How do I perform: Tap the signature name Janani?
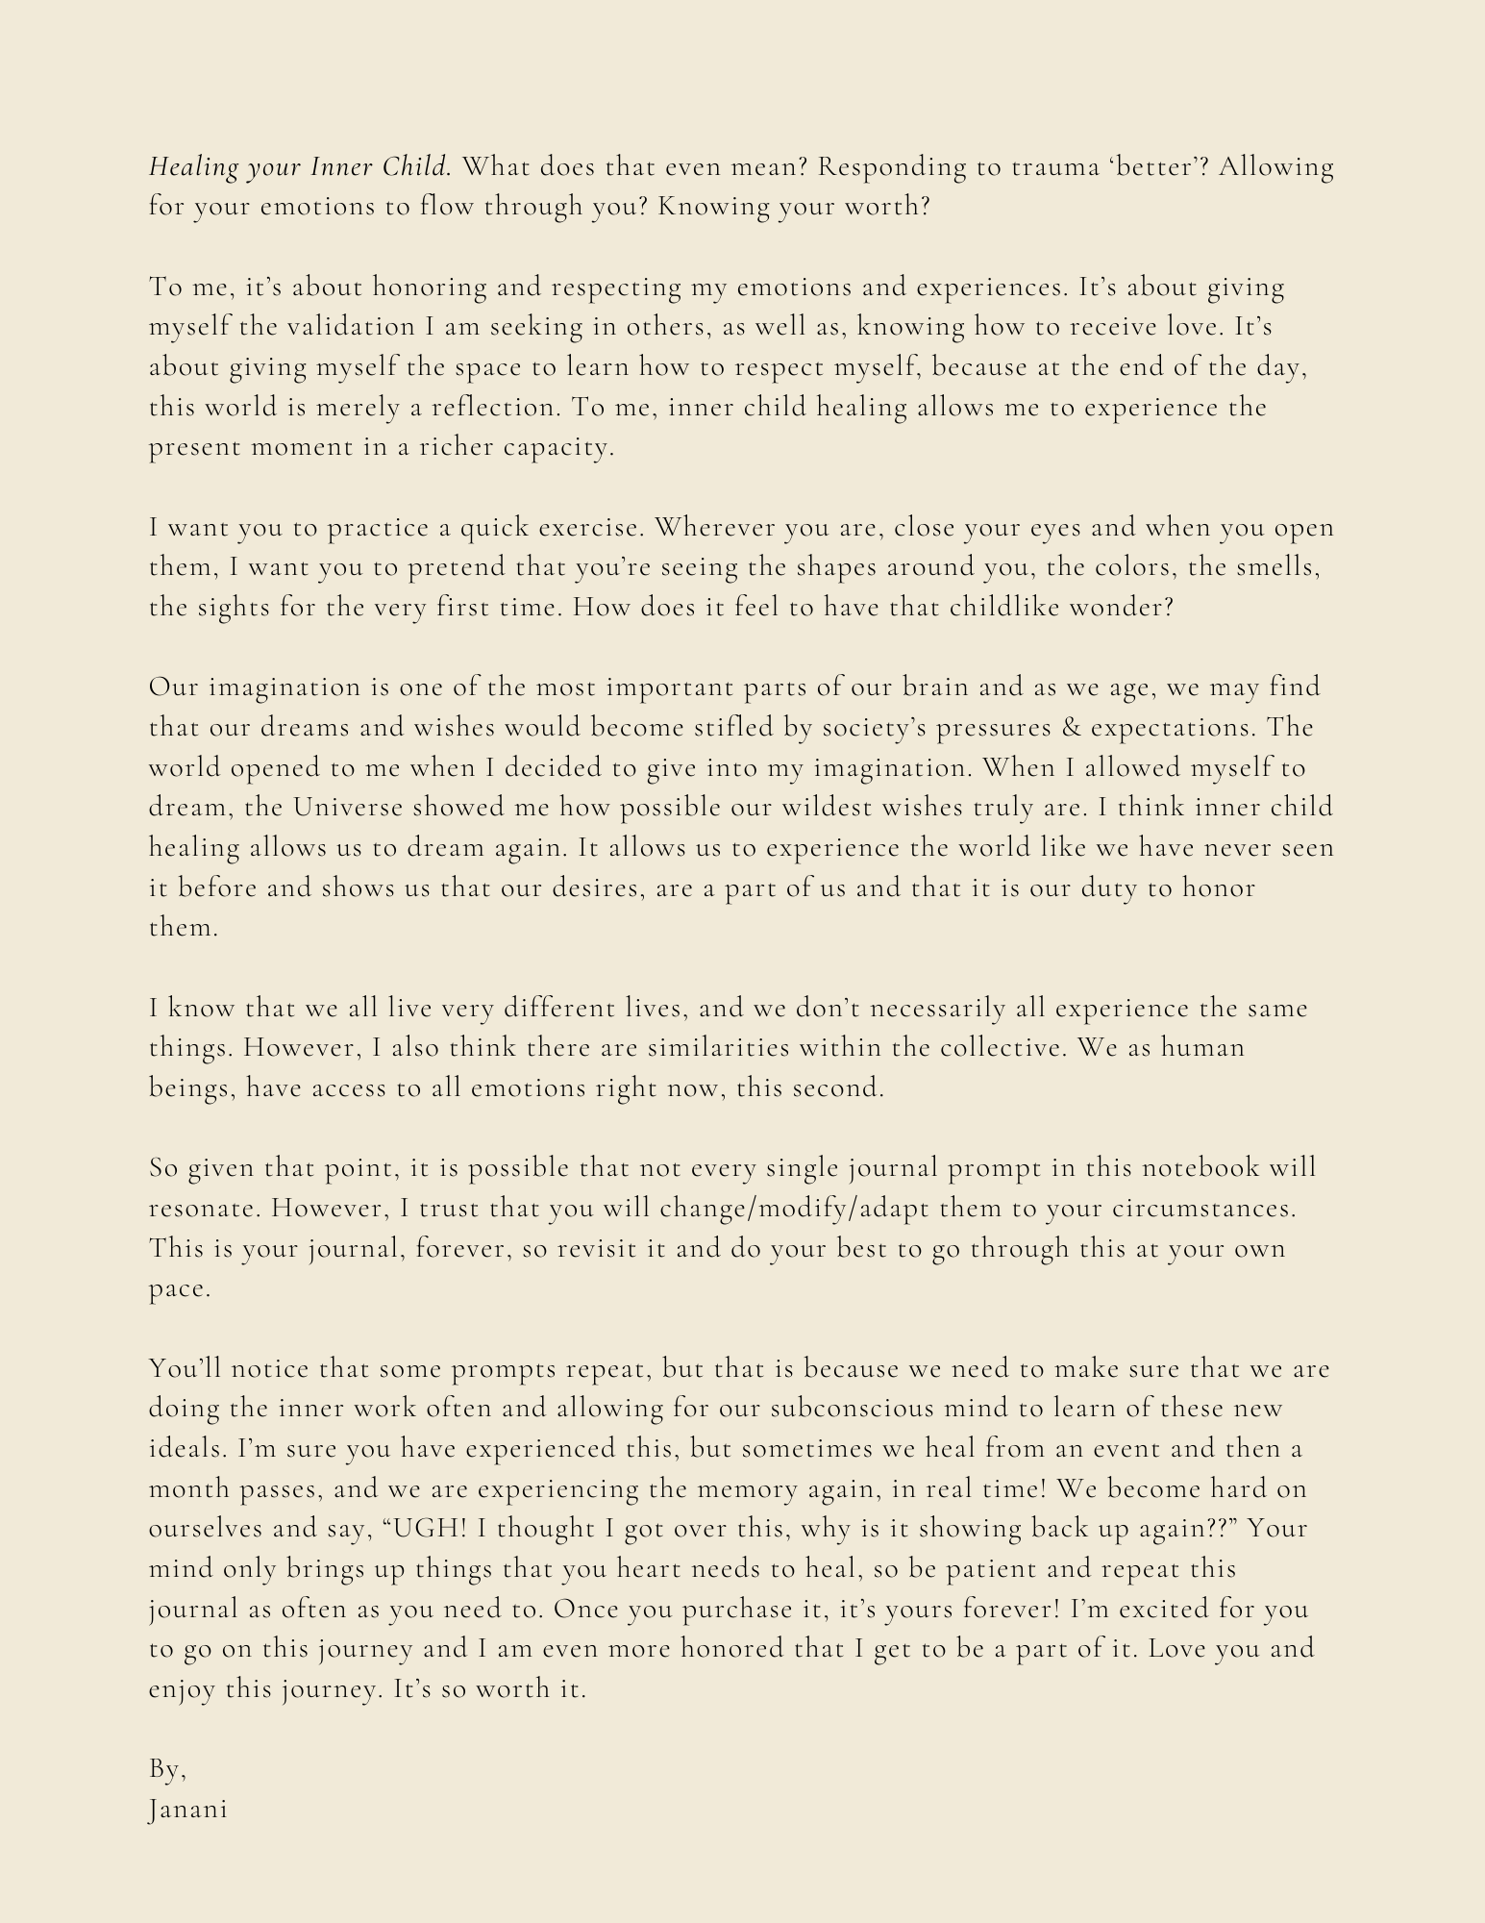pos(188,1810)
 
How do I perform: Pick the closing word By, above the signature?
pos(167,1769)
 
